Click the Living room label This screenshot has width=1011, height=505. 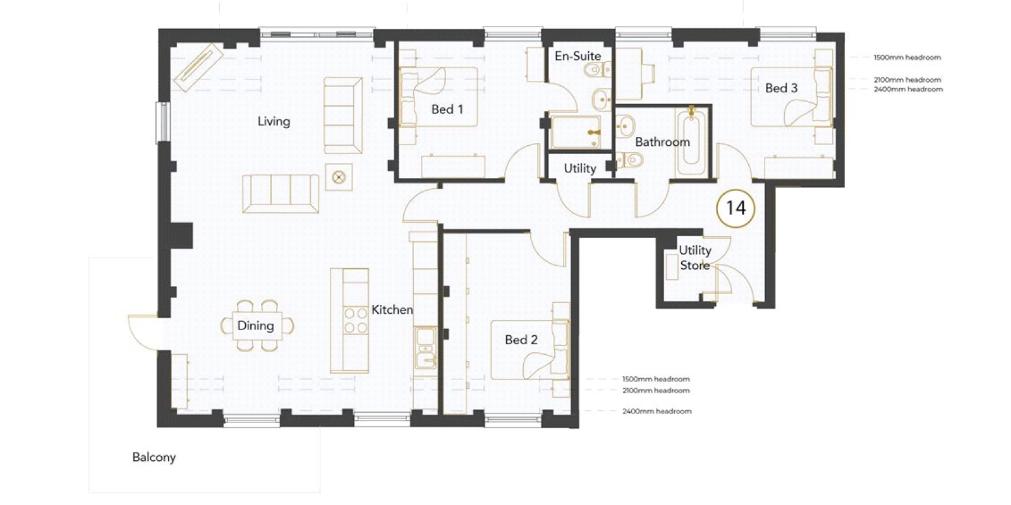[274, 121]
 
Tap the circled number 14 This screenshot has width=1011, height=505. [736, 208]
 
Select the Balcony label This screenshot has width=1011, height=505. [154, 457]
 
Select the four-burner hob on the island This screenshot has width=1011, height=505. [356, 320]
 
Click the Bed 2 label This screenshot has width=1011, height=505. [521, 340]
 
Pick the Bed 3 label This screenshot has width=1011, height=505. [781, 88]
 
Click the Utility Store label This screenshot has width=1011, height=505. [695, 258]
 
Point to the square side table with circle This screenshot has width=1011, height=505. [339, 177]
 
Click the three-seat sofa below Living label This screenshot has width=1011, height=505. [281, 193]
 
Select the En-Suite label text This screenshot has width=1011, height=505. [578, 56]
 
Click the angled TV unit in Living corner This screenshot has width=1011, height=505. [199, 68]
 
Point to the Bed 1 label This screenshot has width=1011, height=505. [447, 109]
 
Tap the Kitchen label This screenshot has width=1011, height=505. [392, 310]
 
